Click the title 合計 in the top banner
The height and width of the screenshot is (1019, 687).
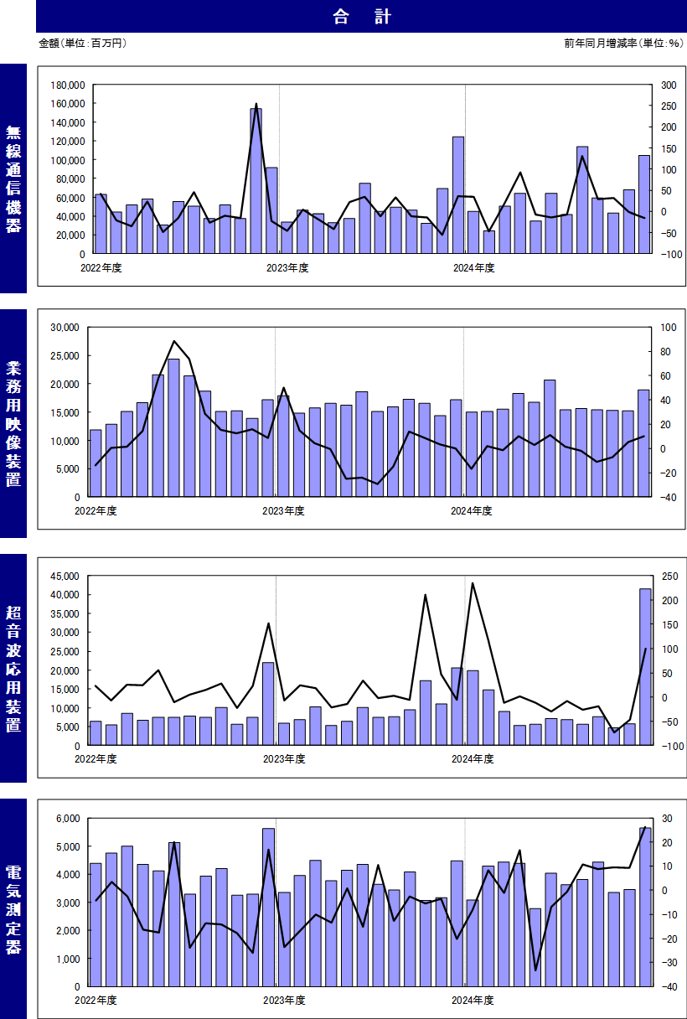tap(361, 17)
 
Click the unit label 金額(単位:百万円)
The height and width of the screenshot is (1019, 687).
tap(82, 43)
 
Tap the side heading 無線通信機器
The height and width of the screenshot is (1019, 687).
tap(13, 178)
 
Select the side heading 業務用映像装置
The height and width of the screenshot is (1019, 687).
tap(13, 423)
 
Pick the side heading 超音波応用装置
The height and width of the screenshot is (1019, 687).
tap(13, 668)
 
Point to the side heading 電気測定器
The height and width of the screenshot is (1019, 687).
tap(13, 909)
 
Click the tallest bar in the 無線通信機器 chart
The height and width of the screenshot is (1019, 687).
tap(256, 181)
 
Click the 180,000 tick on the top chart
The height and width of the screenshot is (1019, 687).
tap(68, 85)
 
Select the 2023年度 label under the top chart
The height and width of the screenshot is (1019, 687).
tap(287, 268)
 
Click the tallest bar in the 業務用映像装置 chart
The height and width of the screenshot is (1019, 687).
tap(173, 427)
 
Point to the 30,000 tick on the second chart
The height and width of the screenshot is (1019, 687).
tap(65, 327)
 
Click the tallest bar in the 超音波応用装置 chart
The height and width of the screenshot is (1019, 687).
tap(644, 667)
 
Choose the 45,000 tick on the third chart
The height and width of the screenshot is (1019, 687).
tap(65, 576)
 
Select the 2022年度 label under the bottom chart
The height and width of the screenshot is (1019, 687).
tap(96, 1001)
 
